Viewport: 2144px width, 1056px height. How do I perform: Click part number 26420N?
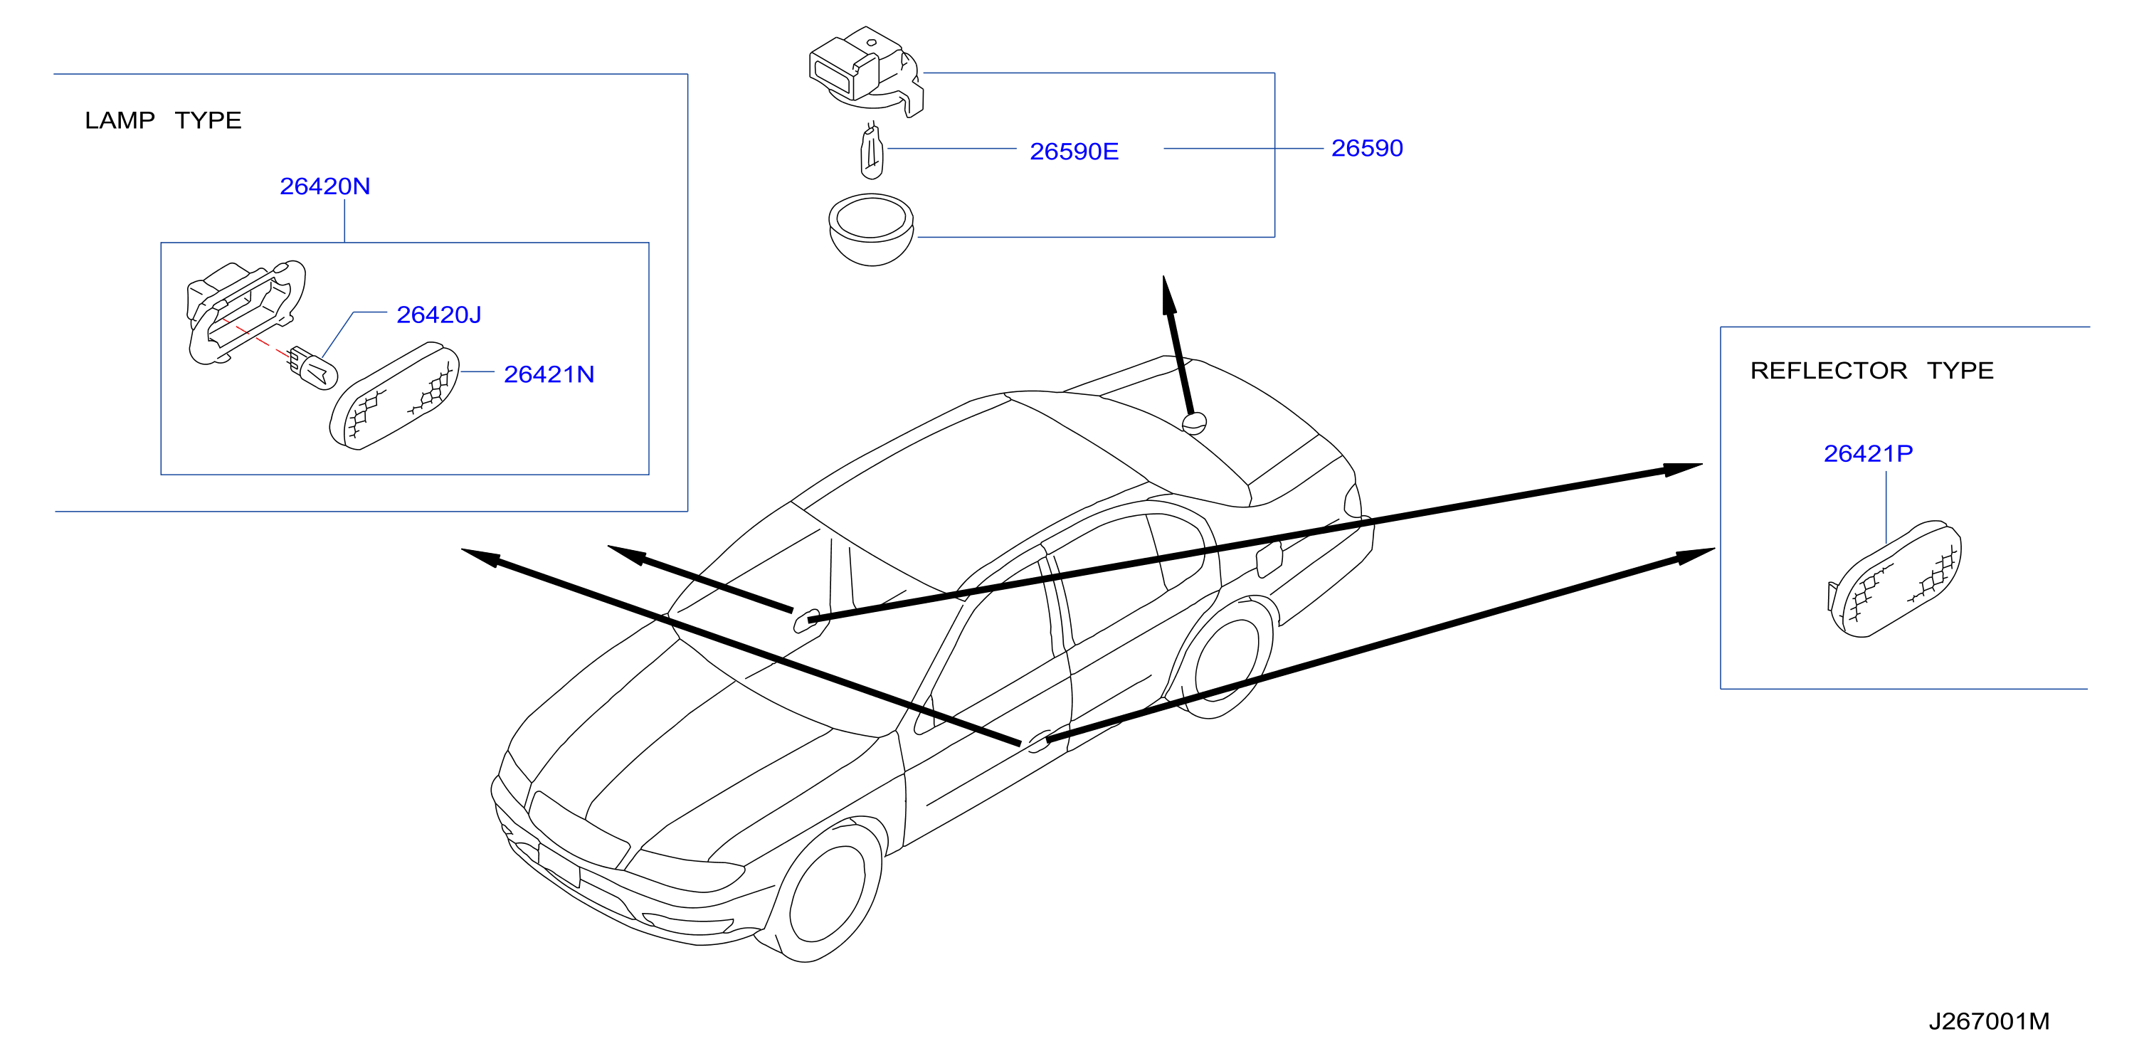click(x=324, y=186)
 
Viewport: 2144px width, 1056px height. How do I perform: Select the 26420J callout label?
click(x=438, y=315)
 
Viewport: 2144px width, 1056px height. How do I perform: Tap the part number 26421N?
click(x=549, y=374)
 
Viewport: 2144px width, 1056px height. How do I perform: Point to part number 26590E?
click(x=1074, y=152)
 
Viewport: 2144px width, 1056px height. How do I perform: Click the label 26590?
click(x=1367, y=148)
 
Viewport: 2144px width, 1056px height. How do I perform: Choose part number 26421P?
click(x=1868, y=453)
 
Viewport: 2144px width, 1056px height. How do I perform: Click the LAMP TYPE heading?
click(x=163, y=121)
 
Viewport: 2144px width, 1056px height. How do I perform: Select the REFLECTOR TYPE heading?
click(x=1872, y=370)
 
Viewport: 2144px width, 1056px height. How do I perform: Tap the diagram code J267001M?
click(x=1989, y=1021)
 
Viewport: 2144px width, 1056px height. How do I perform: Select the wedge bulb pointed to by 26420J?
click(x=314, y=367)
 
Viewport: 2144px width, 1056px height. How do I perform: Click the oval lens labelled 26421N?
click(x=394, y=396)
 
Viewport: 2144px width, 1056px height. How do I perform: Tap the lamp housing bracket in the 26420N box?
click(x=245, y=310)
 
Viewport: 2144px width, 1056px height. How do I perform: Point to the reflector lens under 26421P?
click(x=1894, y=579)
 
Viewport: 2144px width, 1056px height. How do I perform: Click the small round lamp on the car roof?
click(x=1194, y=423)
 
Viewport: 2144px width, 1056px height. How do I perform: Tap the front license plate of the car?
click(x=559, y=865)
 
